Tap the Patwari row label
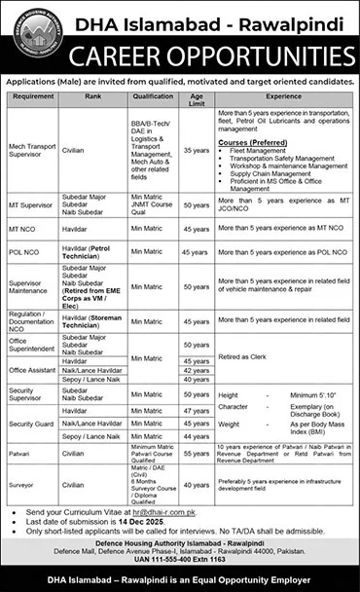coord(20,454)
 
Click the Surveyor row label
coord(22,481)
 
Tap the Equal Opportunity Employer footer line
coord(180,581)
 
